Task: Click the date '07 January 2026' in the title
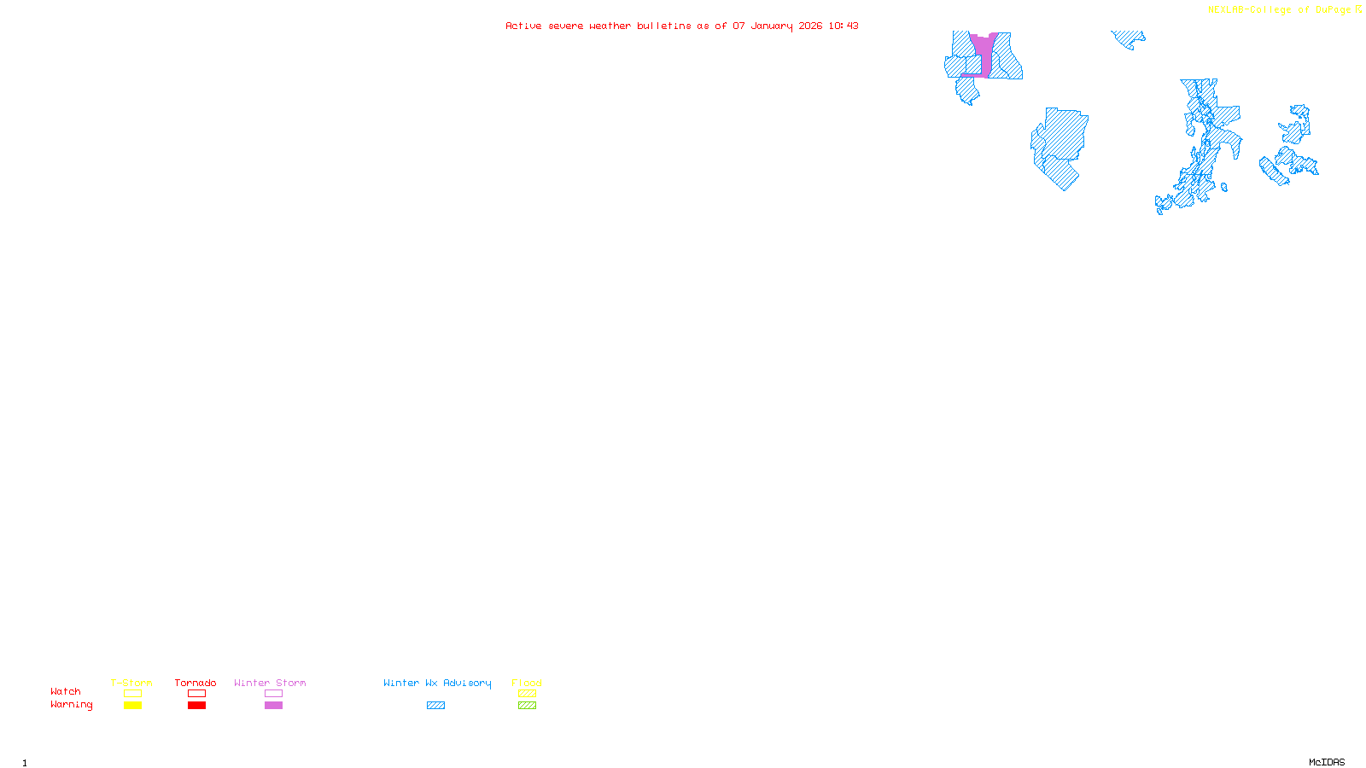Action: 777,26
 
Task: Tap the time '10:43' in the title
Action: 844,26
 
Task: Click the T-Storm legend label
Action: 131,683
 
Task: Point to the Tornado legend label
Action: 196,683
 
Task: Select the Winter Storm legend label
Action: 270,683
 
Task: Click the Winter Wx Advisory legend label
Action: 437,683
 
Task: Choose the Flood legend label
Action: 527,683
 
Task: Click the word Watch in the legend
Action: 66,691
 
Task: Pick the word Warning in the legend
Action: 71,705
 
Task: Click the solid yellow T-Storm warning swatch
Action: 132,706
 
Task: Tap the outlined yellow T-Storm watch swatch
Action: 132,694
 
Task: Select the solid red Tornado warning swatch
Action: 197,706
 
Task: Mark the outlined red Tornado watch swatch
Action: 197,694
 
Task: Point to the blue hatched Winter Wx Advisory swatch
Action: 436,706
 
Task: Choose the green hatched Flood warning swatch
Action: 528,706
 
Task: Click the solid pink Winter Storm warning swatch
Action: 273,706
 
